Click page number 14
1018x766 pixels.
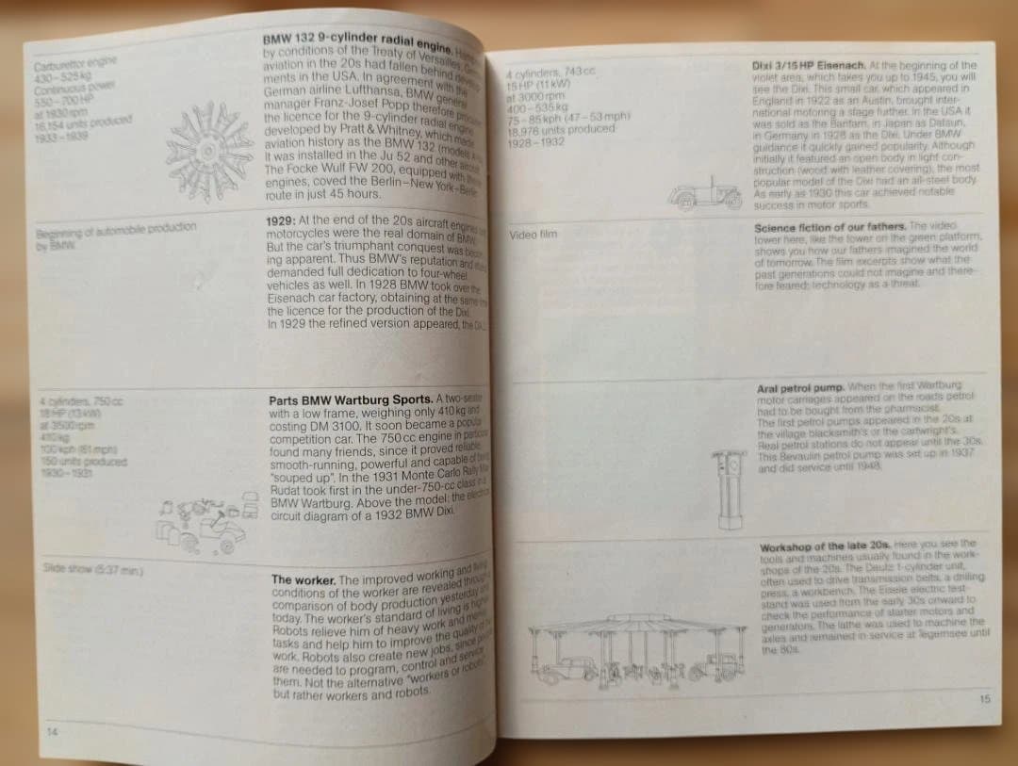tap(50, 731)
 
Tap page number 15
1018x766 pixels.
tap(984, 698)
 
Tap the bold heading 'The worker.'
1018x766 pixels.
tap(303, 579)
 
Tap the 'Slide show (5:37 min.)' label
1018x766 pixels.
tap(91, 568)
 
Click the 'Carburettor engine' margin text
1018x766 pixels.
tap(74, 63)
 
